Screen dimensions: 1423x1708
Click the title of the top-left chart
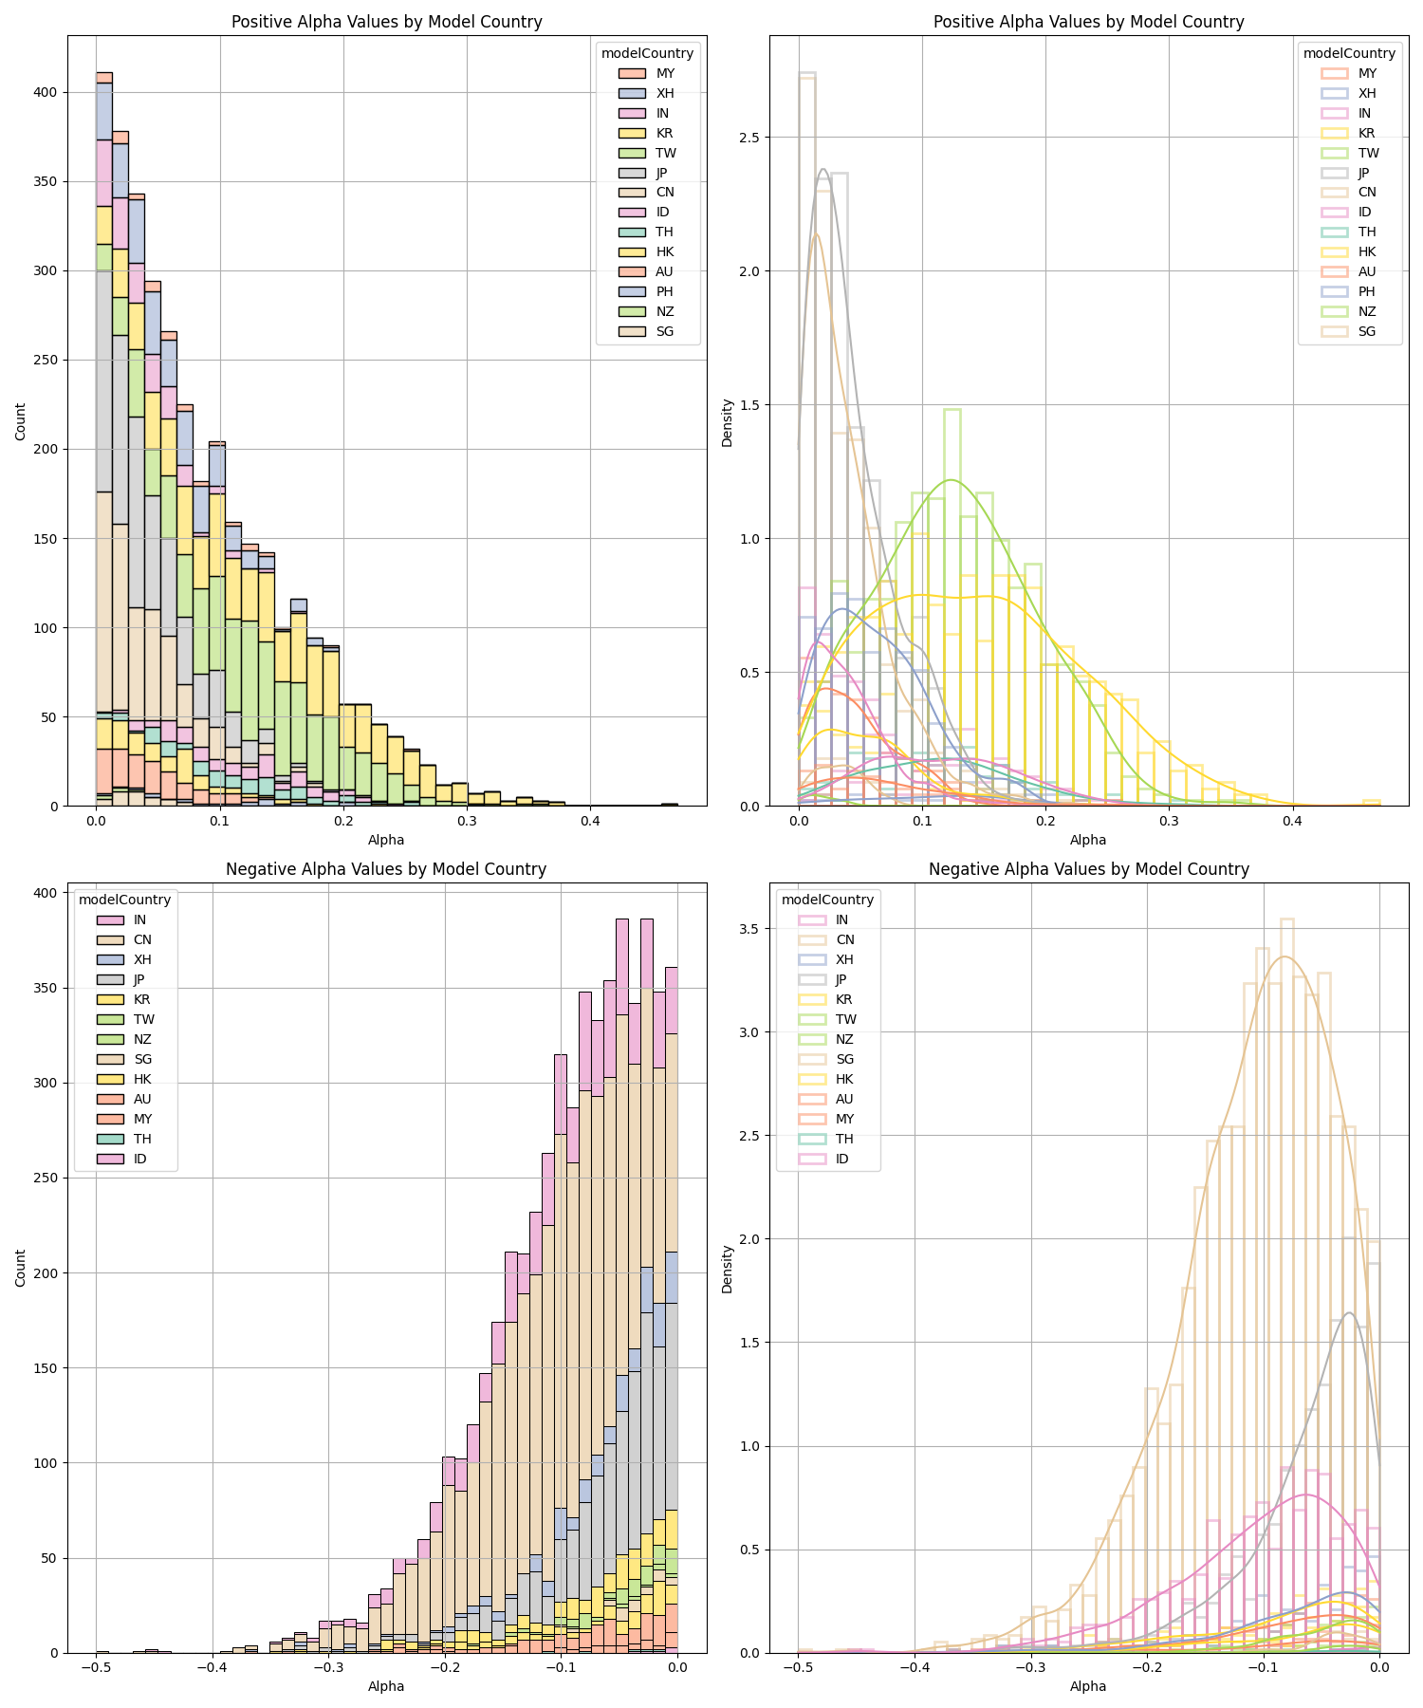tap(387, 22)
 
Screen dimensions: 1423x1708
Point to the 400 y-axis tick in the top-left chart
tap(46, 92)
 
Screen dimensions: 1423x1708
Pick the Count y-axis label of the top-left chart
tap(21, 420)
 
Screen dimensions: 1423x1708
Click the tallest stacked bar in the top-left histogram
tap(104, 439)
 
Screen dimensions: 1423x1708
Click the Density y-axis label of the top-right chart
tap(728, 421)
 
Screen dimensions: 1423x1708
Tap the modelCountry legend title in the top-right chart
tap(1349, 53)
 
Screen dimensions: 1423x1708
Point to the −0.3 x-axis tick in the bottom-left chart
tap(328, 1667)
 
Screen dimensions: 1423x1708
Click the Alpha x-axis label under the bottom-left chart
tap(386, 1686)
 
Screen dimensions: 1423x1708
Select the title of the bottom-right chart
tap(1089, 869)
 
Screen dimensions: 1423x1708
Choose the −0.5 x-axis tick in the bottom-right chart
tap(798, 1667)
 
